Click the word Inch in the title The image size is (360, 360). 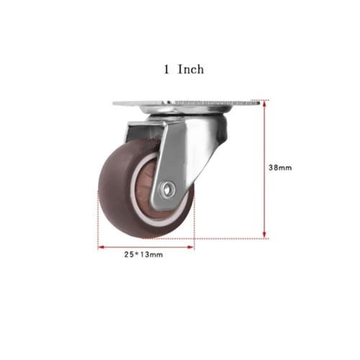point(191,69)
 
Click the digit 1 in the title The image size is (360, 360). point(166,70)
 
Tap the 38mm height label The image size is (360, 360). point(280,168)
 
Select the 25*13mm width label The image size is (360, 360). point(143,254)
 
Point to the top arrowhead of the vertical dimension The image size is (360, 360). point(264,104)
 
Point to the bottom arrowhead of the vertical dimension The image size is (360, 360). point(264,235)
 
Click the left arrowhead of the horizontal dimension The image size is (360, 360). point(101,247)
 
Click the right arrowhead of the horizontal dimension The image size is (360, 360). point(191,247)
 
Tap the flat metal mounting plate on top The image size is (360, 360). point(186,103)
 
